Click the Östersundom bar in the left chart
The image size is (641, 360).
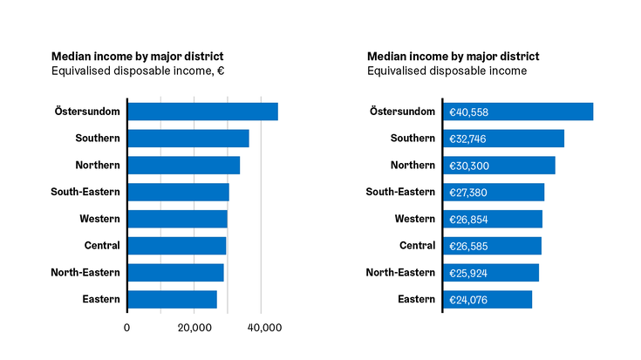coord(202,112)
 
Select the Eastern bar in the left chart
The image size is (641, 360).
coord(172,300)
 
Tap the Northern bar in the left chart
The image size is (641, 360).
coord(183,166)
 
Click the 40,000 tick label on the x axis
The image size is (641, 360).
coord(264,328)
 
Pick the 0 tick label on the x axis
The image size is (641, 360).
coord(127,328)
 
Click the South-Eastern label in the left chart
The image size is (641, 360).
coord(85,192)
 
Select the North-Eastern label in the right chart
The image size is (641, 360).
coord(400,273)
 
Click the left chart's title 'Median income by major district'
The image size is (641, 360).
coord(137,56)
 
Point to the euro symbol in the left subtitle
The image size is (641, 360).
coord(221,71)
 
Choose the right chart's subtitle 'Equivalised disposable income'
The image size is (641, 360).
coord(447,71)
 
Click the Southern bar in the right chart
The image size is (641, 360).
coord(503,139)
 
